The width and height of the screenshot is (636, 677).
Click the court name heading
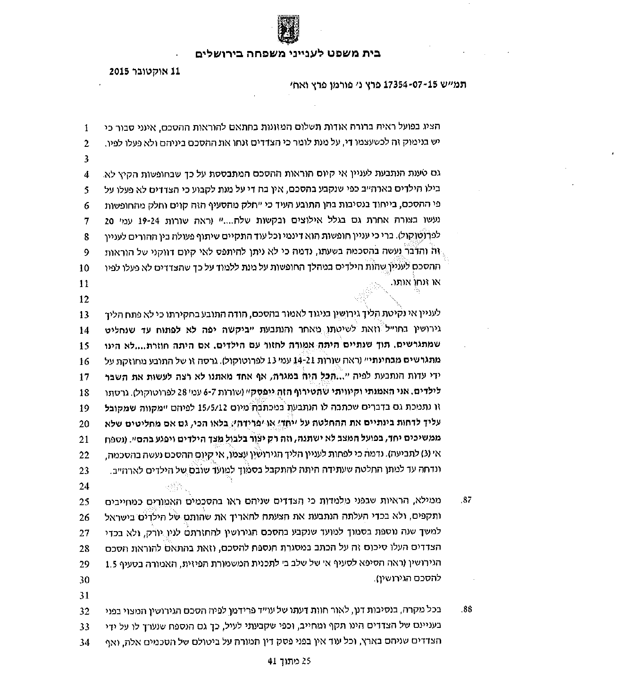tap(288, 53)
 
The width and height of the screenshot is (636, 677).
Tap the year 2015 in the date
tap(119, 72)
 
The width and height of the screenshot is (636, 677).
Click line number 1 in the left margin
tap(86, 128)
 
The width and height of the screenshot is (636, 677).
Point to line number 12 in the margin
tap(84, 299)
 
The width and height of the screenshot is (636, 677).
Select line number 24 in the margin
tap(84, 486)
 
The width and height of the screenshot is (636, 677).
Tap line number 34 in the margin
tap(84, 643)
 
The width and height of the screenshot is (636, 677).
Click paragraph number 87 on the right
tap(466, 500)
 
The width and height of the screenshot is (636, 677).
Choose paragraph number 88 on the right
tap(466, 610)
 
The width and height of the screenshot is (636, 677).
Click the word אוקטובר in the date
tap(147, 72)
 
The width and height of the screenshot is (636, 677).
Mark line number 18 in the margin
tap(84, 393)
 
